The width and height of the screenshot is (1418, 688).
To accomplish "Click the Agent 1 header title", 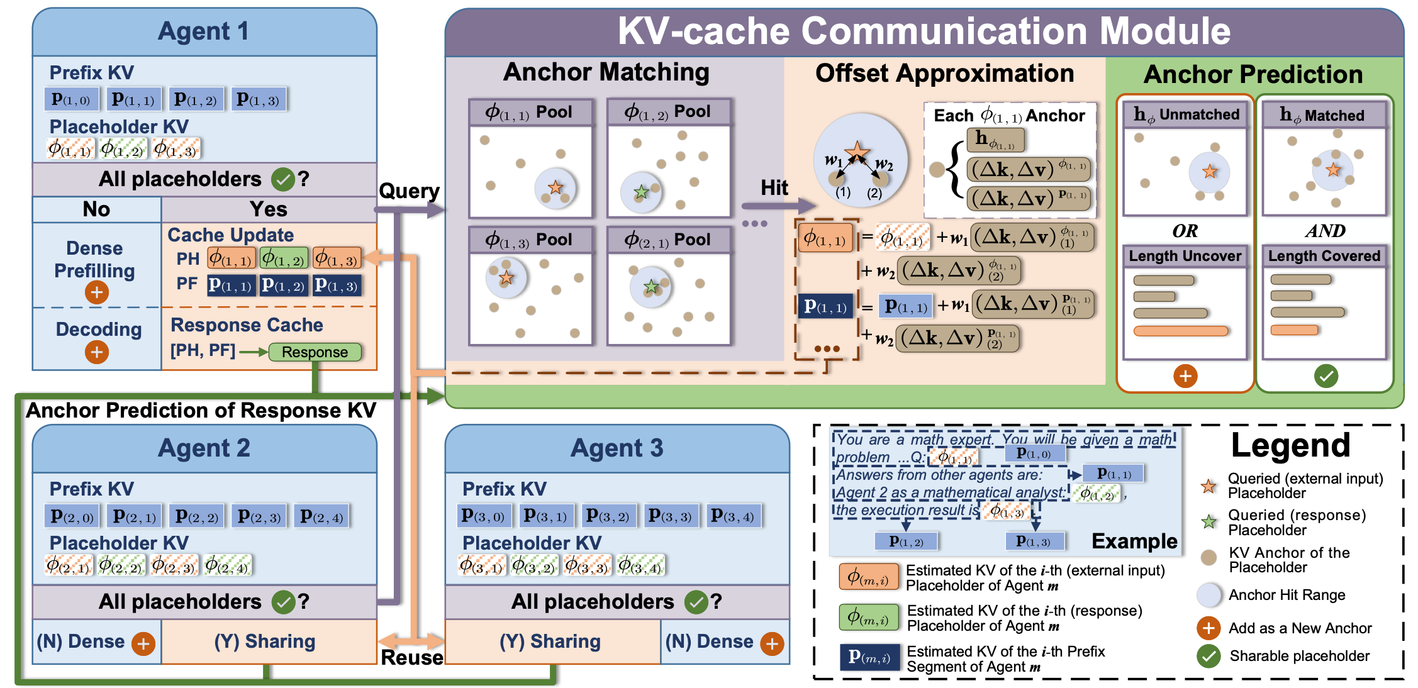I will point(203,31).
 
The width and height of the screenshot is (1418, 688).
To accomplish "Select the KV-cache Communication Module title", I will point(924,31).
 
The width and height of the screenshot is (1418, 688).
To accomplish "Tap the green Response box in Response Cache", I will point(315,352).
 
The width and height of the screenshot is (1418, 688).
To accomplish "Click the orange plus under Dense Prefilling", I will point(96,292).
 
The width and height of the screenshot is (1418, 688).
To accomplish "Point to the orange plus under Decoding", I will point(96,352).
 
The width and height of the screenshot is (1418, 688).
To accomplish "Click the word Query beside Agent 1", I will point(409,191).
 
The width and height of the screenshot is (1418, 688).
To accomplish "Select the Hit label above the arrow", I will point(774,187).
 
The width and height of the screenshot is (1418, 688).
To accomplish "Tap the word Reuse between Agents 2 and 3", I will point(412,658).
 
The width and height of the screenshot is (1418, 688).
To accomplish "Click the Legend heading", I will point(1290,445).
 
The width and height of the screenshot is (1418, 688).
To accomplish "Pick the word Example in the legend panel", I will point(1134,541).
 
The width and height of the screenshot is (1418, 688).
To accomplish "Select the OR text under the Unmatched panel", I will point(1185,231).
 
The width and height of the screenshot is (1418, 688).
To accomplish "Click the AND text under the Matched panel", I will point(1325,231).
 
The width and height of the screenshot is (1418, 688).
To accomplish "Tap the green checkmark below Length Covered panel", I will point(1326,376).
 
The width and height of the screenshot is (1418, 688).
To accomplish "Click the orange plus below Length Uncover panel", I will point(1185,376).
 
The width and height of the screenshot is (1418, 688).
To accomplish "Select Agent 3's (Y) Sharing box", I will point(550,641).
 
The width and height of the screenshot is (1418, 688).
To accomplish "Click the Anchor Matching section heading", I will point(606,72).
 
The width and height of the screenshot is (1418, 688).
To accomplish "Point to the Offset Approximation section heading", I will point(944,74).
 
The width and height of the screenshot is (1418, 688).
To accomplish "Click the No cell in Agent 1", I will point(96,209).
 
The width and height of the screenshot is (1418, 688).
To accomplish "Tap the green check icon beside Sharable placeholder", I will point(1209,656).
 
